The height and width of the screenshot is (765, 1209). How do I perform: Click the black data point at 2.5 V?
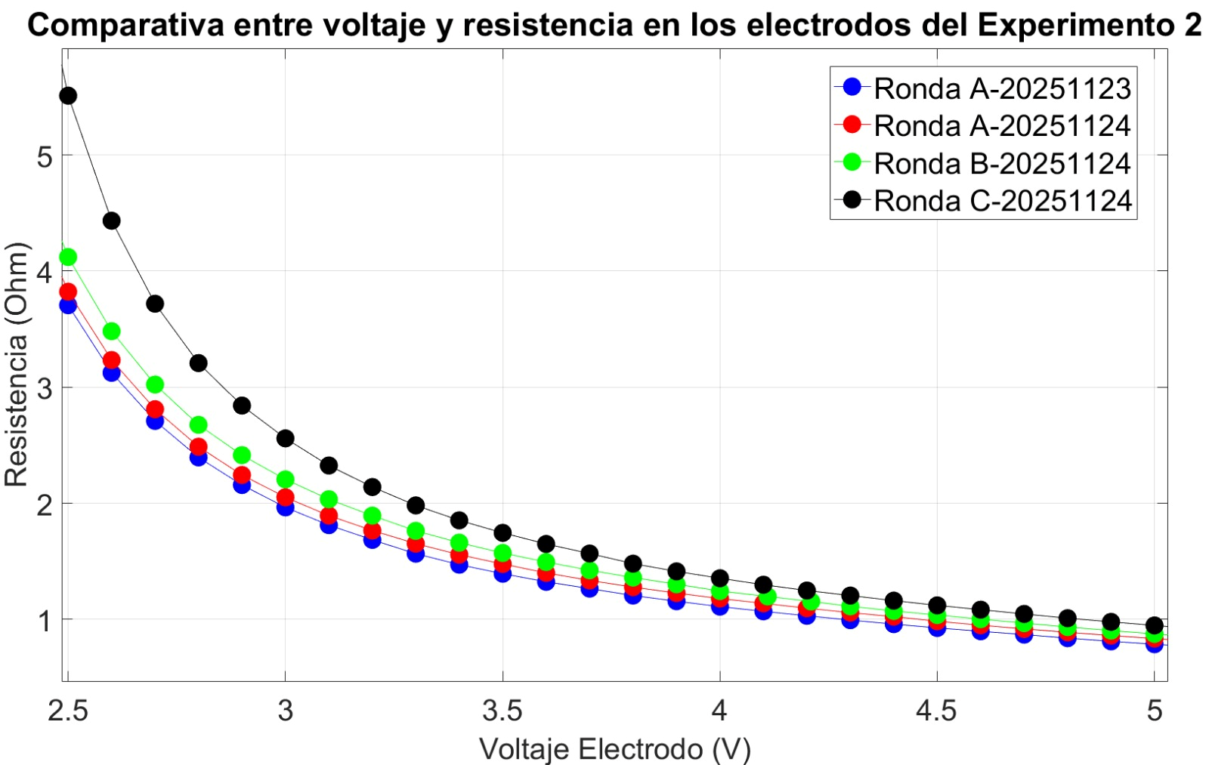68,96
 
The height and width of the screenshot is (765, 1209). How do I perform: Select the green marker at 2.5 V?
68,257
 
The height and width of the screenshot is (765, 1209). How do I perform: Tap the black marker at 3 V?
285,438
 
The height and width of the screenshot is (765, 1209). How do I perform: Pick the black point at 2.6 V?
111,221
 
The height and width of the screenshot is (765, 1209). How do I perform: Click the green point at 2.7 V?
155,384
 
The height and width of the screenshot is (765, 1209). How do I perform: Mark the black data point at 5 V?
1154,625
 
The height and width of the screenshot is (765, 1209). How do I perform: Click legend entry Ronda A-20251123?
1002,89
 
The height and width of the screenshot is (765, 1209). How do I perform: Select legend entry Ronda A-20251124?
1002,126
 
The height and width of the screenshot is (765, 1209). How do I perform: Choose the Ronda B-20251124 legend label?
1002,164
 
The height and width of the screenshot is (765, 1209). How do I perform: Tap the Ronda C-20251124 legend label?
1002,201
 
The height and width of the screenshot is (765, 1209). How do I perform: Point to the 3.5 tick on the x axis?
502,711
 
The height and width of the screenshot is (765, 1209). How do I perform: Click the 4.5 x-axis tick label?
937,711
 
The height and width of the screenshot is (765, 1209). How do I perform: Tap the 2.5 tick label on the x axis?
68,711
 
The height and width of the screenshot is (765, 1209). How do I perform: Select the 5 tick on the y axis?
44,156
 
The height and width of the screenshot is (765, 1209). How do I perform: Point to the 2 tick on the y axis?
44,504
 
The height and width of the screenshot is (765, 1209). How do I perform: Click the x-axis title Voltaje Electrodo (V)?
615,749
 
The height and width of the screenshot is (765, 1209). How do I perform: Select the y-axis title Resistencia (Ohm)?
17,364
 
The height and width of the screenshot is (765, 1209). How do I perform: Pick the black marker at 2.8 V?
198,363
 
